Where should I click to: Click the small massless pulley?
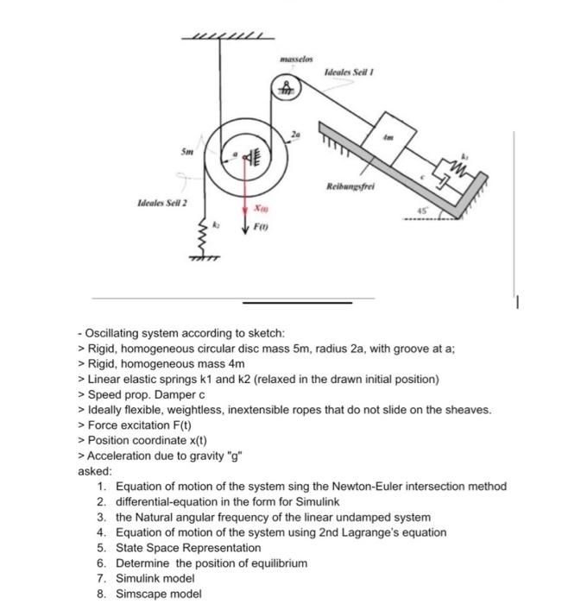(x=286, y=87)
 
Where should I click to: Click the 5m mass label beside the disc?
(x=186, y=148)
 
